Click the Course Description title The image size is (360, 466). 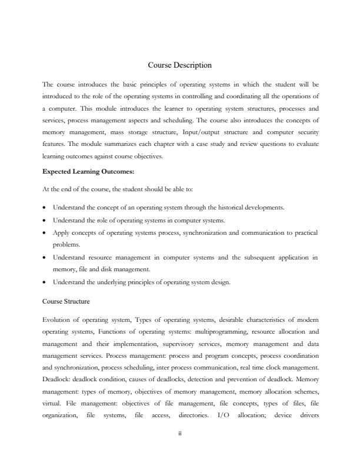click(x=179, y=65)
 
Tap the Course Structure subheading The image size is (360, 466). click(x=66, y=301)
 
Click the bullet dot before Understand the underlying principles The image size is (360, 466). click(x=45, y=282)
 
